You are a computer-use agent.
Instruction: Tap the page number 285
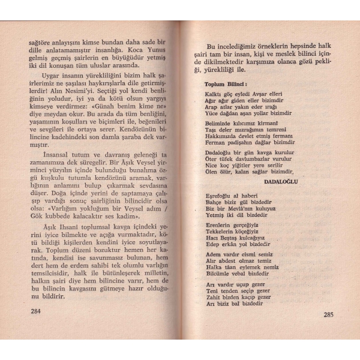[x=329, y=314]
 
